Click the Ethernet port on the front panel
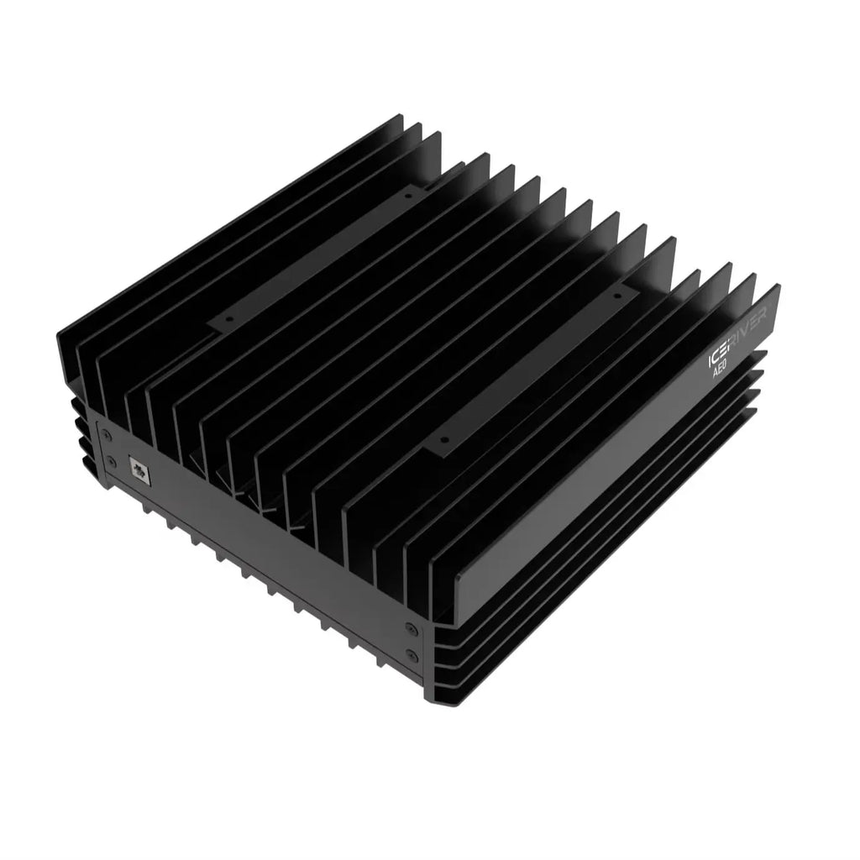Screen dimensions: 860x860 (139, 469)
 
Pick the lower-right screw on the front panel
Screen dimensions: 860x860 (411, 654)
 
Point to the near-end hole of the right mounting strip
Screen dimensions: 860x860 (445, 438)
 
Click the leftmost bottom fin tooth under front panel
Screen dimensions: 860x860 (146, 506)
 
